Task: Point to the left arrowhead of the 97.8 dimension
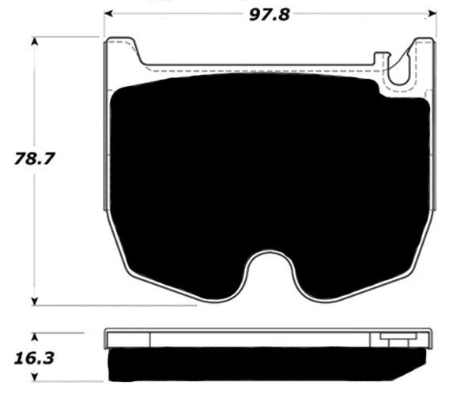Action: [108, 13]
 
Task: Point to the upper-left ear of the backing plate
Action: [122, 49]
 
